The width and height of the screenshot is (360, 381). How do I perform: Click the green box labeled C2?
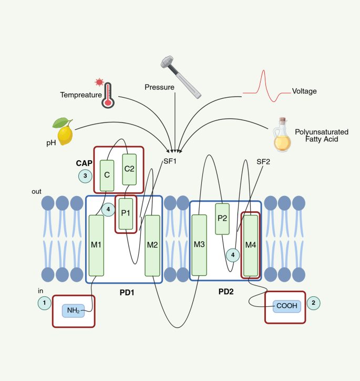point(129,169)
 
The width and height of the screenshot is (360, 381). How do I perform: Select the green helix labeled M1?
point(96,245)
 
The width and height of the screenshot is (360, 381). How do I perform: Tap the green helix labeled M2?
point(152,245)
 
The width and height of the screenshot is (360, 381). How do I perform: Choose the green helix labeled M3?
point(199,245)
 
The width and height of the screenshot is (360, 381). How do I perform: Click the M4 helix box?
point(251,245)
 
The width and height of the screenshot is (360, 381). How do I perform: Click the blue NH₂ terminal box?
point(73,311)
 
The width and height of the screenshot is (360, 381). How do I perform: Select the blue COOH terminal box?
point(287,306)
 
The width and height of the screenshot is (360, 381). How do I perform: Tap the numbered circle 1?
point(45,303)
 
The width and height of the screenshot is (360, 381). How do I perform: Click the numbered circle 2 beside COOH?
point(313,303)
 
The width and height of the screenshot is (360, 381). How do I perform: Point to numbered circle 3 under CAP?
point(85,176)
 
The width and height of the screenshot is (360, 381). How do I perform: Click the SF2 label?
point(263,161)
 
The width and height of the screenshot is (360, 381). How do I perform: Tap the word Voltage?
point(304,91)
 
